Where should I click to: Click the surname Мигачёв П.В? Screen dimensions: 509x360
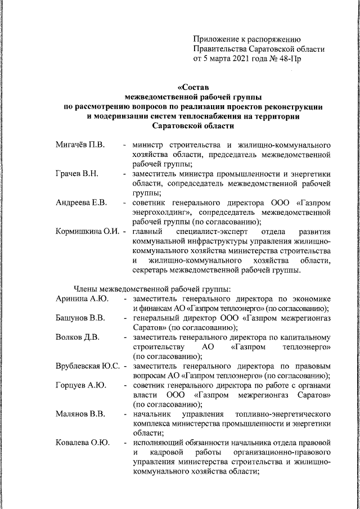pos(80,146)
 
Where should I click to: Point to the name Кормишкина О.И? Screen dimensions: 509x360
pos(88,231)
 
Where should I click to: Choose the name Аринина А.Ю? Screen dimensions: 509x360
pos(82,298)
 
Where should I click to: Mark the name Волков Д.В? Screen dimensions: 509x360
pos(78,337)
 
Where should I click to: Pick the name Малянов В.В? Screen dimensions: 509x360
pos(80,415)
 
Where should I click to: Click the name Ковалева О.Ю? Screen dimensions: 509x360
pos(82,443)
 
